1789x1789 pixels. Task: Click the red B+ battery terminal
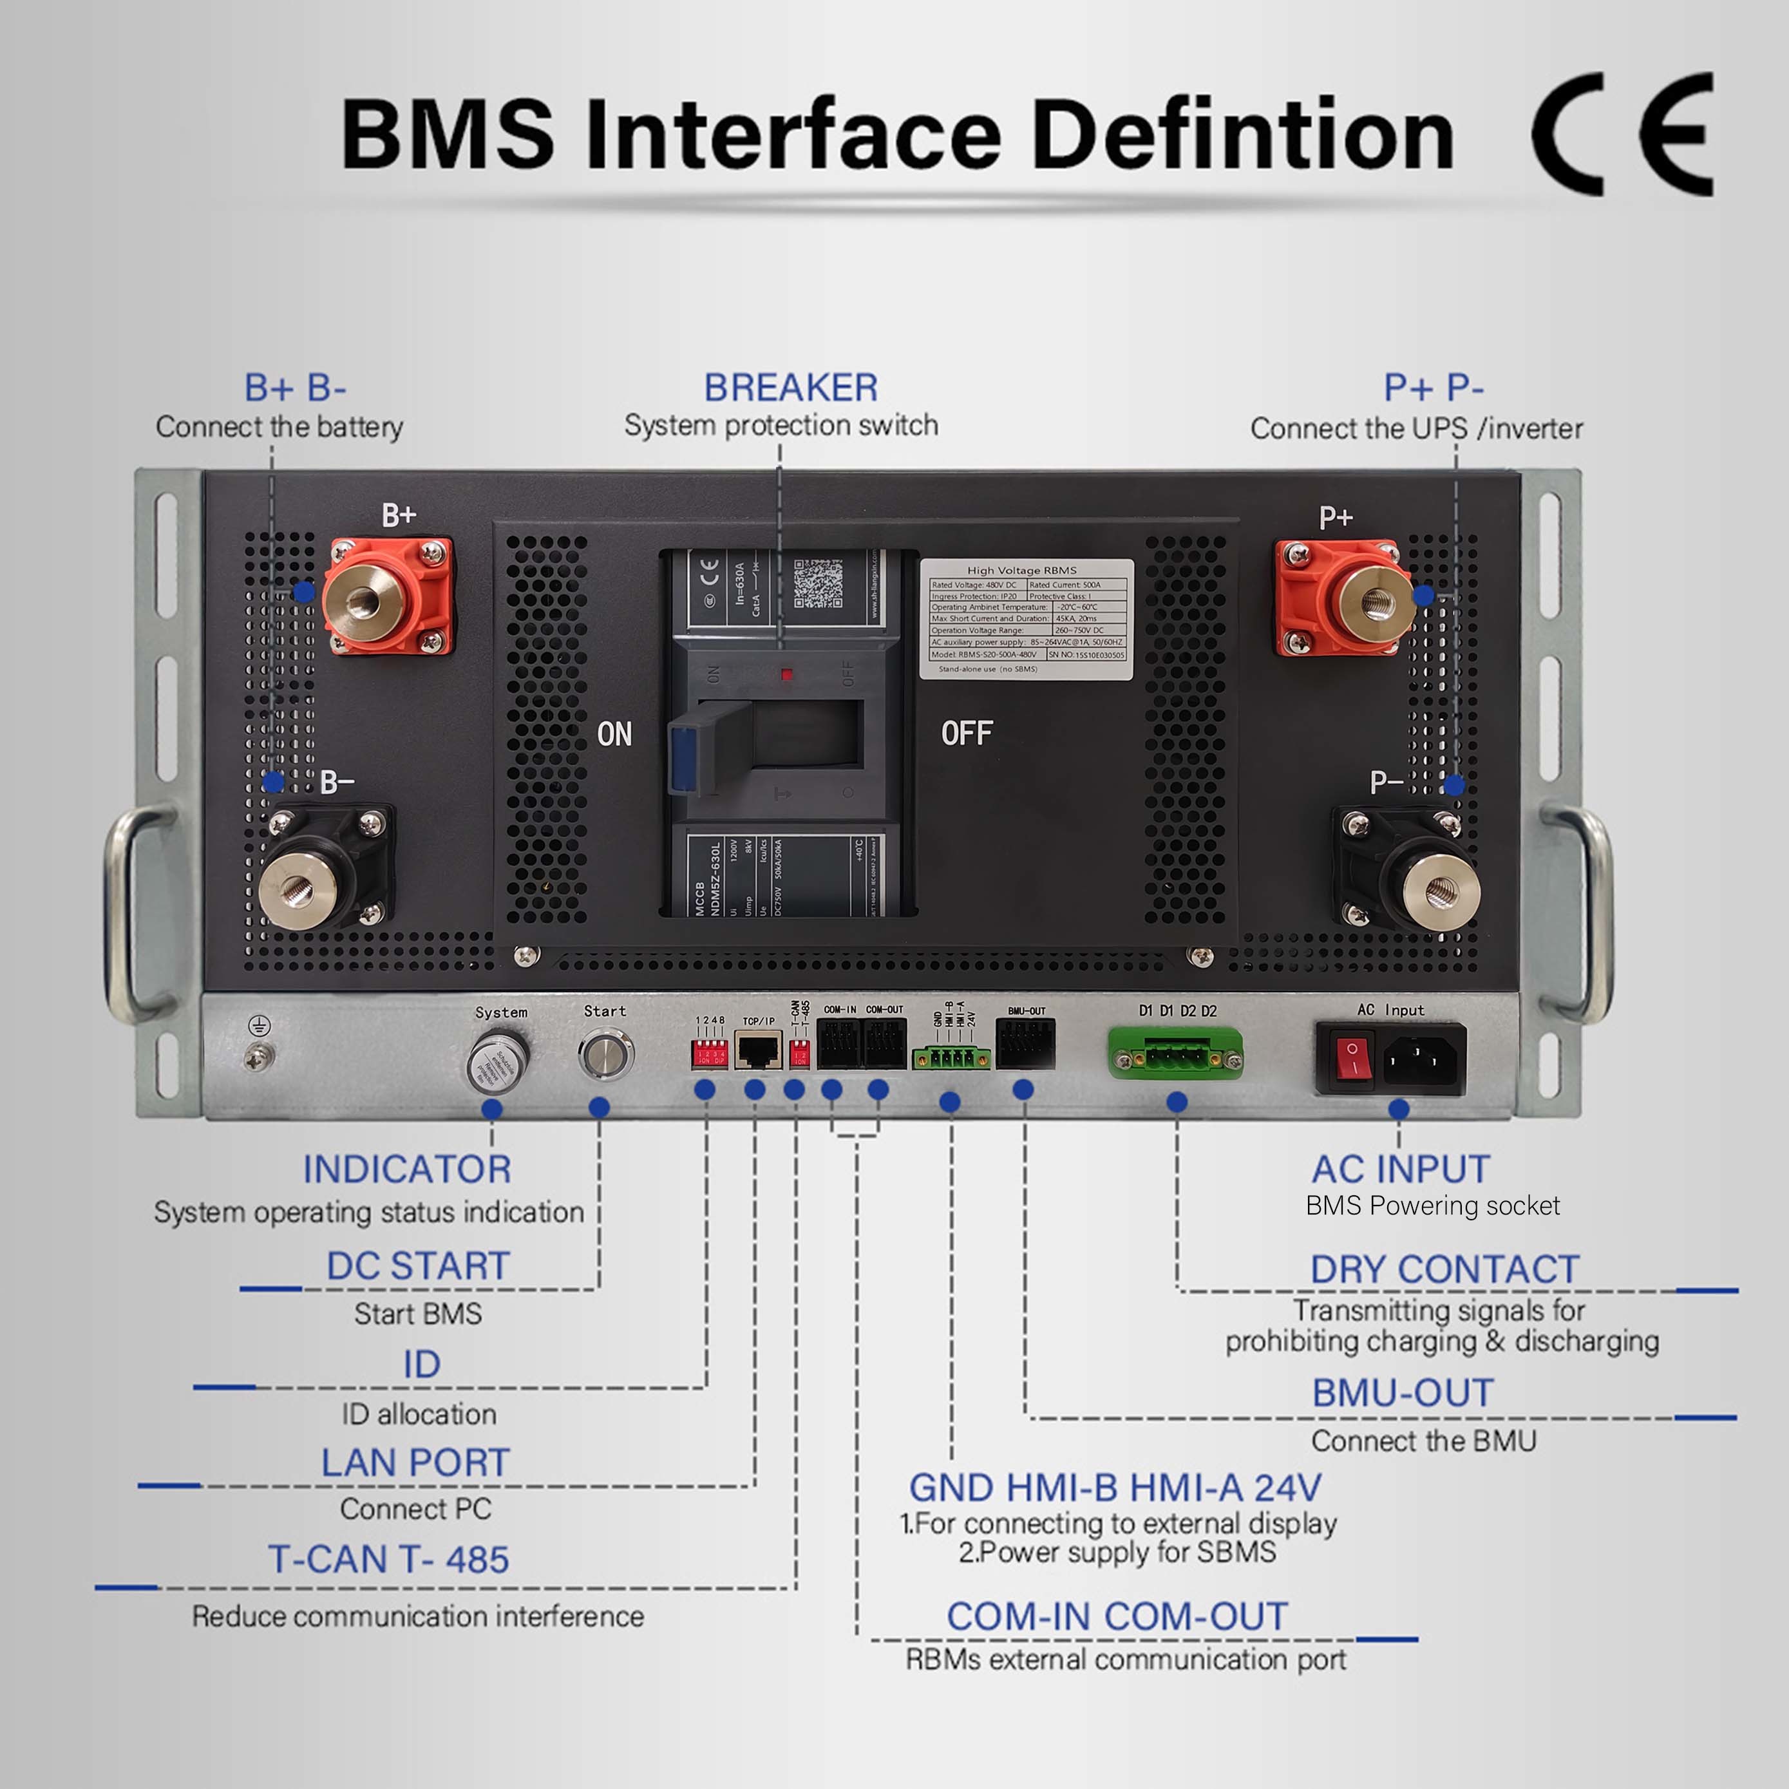[389, 597]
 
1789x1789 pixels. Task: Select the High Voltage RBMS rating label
[1026, 619]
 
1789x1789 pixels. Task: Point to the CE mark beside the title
[1620, 134]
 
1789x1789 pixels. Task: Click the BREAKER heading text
[791, 387]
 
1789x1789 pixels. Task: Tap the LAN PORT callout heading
[415, 1463]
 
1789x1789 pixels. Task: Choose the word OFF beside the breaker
[967, 734]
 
